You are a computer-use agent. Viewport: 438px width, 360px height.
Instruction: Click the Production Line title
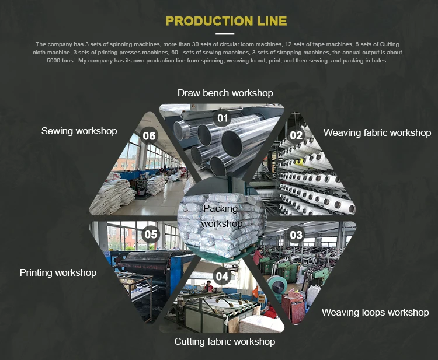[x=226, y=22]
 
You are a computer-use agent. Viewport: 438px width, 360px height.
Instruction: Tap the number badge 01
[x=223, y=118]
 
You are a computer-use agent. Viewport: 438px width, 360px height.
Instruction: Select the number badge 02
[x=297, y=135]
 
